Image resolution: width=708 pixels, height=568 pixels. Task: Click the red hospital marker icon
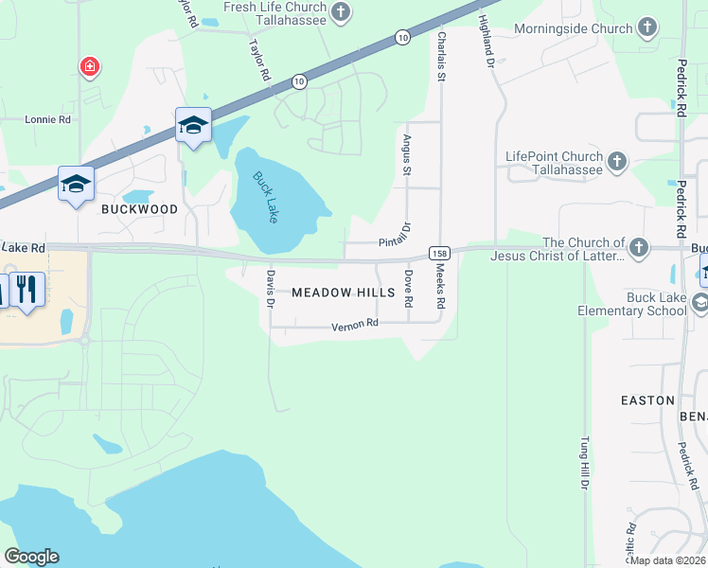pyautogui.click(x=89, y=66)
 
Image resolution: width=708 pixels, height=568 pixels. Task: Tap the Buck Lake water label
pyautogui.click(x=265, y=196)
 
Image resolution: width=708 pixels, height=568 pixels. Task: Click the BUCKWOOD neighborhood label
pyautogui.click(x=140, y=209)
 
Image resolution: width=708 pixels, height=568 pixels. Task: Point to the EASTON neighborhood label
pyautogui.click(x=647, y=400)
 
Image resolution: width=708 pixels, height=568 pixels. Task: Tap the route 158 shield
pyautogui.click(x=438, y=253)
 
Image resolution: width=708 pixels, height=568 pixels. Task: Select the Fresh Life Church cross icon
pyautogui.click(x=341, y=12)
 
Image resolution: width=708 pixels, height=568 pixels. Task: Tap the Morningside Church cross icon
pyautogui.click(x=647, y=27)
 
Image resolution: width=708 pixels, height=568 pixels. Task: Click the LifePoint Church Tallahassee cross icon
pyautogui.click(x=617, y=161)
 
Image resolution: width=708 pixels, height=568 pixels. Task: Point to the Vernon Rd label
pyautogui.click(x=355, y=325)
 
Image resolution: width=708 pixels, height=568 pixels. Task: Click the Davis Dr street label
pyautogui.click(x=270, y=290)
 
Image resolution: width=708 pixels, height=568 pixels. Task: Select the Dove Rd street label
pyautogui.click(x=408, y=288)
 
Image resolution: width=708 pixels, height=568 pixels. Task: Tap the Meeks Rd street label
pyautogui.click(x=439, y=288)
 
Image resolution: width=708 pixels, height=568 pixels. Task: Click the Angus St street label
pyautogui.click(x=407, y=154)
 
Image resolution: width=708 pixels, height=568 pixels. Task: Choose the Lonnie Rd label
pyautogui.click(x=48, y=120)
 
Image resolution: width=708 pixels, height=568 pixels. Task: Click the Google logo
pyautogui.click(x=31, y=557)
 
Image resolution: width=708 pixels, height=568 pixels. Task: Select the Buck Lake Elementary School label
pyautogui.click(x=632, y=304)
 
